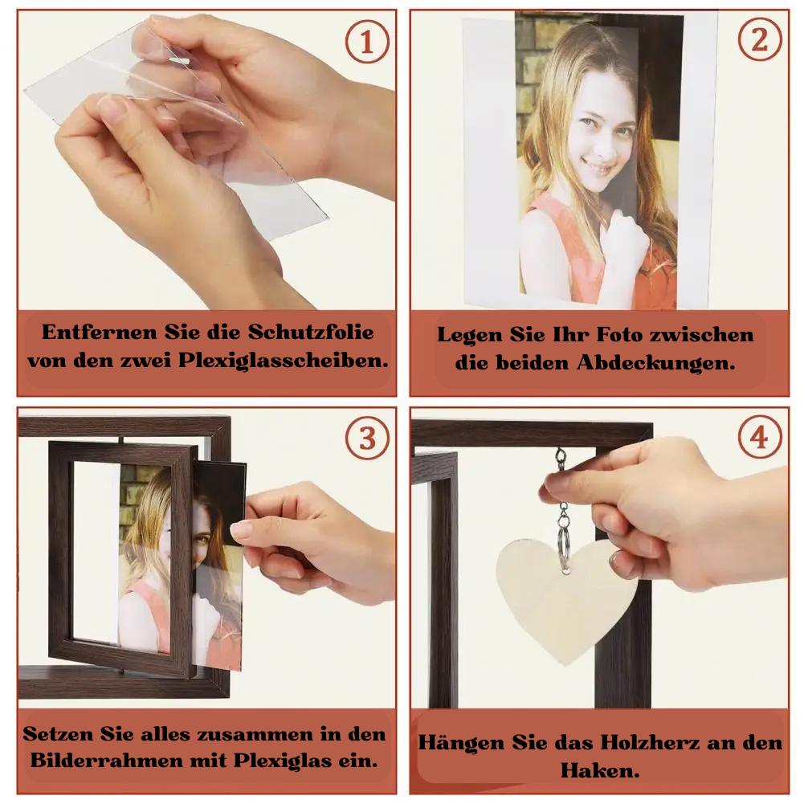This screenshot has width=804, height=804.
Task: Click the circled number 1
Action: [x=366, y=41]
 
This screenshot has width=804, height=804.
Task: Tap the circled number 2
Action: [x=759, y=39]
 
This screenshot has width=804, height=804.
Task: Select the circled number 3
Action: [x=367, y=438]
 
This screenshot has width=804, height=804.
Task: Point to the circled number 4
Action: [x=759, y=438]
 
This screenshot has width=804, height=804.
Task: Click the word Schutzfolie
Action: [x=311, y=333]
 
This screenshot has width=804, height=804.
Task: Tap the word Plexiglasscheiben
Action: [x=283, y=361]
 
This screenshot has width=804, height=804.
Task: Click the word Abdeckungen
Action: [x=656, y=363]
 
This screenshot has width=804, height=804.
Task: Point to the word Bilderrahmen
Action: [x=106, y=760]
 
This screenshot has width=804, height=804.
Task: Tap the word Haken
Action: [x=600, y=770]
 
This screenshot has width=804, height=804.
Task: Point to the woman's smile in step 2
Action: [x=601, y=166]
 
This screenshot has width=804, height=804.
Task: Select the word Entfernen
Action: [x=100, y=333]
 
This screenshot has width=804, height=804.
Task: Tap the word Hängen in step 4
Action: [x=460, y=742]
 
